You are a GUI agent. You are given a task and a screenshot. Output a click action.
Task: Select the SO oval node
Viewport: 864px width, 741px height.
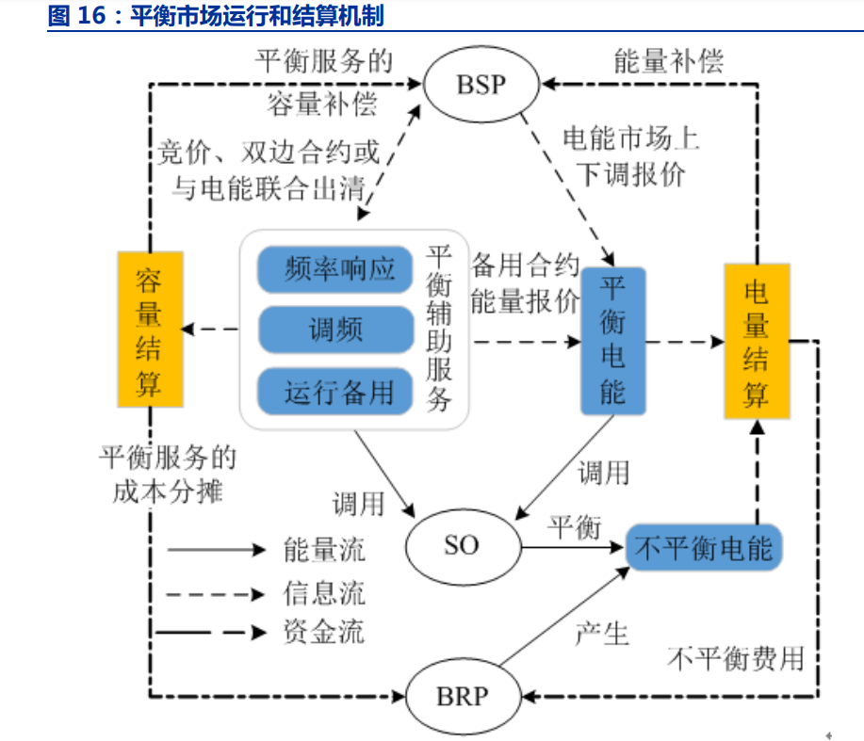pyautogui.click(x=462, y=545)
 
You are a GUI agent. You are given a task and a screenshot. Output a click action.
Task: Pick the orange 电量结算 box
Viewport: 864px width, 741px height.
pyautogui.click(x=756, y=341)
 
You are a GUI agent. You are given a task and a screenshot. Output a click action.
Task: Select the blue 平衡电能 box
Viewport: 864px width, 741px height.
pyautogui.click(x=612, y=340)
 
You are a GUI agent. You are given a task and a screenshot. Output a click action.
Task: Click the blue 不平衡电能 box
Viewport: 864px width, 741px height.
pyautogui.click(x=704, y=546)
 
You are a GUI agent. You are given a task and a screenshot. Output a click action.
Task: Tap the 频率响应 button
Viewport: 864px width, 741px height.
pyautogui.click(x=336, y=270)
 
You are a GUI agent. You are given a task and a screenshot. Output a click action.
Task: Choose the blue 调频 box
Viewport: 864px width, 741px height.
pyautogui.click(x=336, y=330)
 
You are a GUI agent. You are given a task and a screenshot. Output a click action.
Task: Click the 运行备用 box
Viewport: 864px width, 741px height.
pyautogui.click(x=336, y=391)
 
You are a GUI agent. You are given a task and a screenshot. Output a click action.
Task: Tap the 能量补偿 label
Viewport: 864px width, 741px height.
pyautogui.click(x=668, y=61)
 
